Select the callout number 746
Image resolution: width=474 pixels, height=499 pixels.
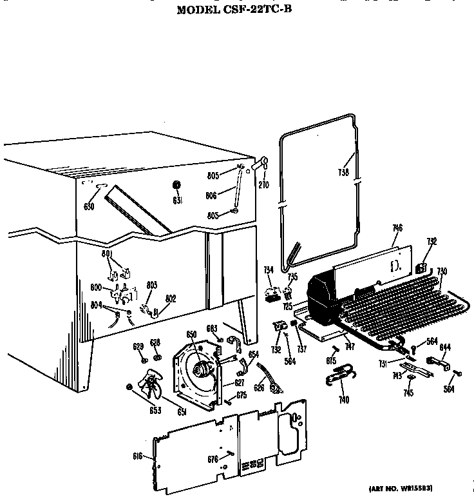coord(397,228)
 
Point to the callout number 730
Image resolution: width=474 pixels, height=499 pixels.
coord(442,271)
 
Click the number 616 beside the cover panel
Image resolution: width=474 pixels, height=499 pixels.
coord(137,456)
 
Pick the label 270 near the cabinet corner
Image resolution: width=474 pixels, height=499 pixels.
coord(263,184)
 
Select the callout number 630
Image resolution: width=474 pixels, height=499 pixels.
coord(89,206)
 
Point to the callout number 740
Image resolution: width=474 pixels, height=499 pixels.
coord(344,400)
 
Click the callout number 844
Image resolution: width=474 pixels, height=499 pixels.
coord(444,347)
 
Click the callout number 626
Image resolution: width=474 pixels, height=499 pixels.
coord(259,388)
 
